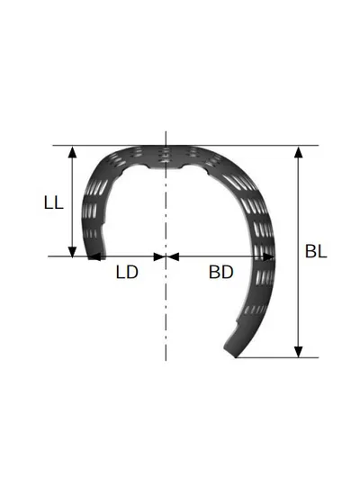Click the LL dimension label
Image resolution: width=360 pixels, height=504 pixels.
coord(54,203)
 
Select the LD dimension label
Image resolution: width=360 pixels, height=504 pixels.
coord(127,272)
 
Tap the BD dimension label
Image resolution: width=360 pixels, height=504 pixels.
coord(221,272)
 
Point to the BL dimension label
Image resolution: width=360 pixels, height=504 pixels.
coord(316,251)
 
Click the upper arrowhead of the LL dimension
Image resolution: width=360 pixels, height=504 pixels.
coord(73,152)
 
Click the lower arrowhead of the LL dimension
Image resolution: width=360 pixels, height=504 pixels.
coord(73,251)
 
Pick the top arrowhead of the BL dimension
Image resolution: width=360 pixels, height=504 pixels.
coord(299,152)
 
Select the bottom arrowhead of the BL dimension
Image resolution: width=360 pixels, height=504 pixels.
coord(299,352)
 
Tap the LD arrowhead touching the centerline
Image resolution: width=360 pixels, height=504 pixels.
coord(160,256)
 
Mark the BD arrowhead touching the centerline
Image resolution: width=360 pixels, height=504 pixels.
coord(172,256)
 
